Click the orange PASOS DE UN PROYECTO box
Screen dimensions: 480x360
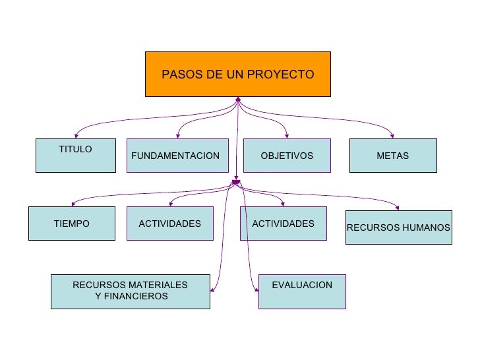click(237, 74)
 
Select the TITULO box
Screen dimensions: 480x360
click(75, 156)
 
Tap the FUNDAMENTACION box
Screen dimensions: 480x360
click(177, 156)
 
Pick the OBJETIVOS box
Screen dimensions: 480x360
click(287, 156)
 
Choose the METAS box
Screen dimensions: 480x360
click(392, 156)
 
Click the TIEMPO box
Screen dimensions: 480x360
click(71, 224)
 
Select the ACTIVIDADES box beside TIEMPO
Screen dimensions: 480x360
click(169, 224)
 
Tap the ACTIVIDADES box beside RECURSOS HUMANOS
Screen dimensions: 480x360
click(283, 224)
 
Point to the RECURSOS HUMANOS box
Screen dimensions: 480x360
click(398, 227)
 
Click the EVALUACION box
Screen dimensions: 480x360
click(302, 291)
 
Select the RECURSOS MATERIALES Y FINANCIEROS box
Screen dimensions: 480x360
click(130, 291)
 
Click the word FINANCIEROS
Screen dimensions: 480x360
click(131, 297)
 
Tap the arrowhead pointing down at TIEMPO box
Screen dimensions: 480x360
click(73, 203)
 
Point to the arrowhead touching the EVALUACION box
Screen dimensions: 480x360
click(256, 288)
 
